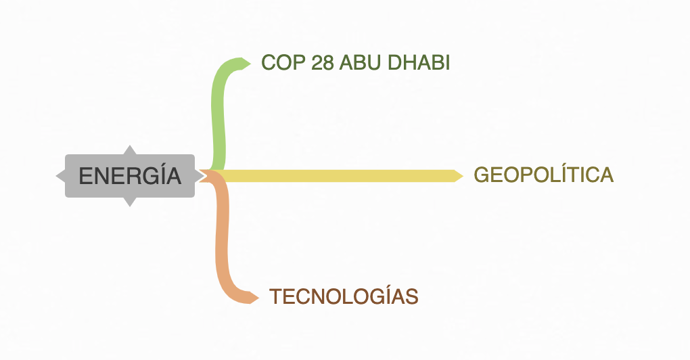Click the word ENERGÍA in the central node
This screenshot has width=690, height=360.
(x=130, y=175)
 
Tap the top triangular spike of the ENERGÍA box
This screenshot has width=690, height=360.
(x=130, y=150)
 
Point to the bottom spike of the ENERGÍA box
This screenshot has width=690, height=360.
(x=130, y=202)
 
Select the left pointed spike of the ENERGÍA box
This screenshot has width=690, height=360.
(x=61, y=176)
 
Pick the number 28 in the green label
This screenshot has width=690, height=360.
(x=323, y=62)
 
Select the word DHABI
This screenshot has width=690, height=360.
(x=419, y=62)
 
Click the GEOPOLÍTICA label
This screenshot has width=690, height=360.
(x=543, y=175)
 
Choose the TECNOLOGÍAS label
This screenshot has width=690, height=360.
(x=343, y=296)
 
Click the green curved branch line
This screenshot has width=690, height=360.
(x=218, y=114)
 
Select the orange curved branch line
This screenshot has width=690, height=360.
(x=222, y=238)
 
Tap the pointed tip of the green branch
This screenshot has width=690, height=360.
(x=250, y=64)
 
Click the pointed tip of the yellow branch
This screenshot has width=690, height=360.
(x=463, y=176)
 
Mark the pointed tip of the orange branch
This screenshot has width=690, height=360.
(x=258, y=298)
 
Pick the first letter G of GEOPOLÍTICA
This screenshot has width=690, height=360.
(x=482, y=175)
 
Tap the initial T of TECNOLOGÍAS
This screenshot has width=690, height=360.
(x=275, y=296)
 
